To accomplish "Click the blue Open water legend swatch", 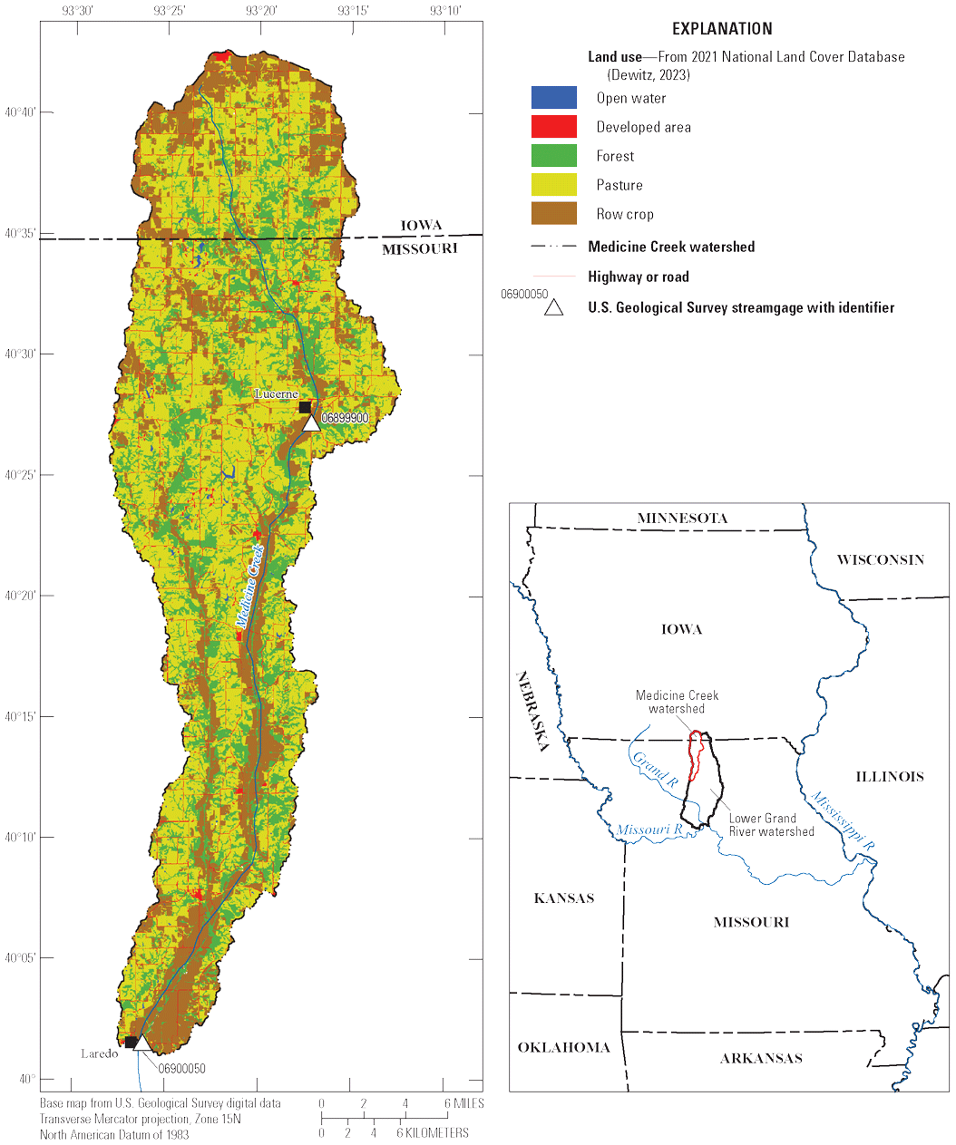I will (x=553, y=98).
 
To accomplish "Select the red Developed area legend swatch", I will (x=553, y=127).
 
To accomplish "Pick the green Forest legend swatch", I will (x=553, y=156).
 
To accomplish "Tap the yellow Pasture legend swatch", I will (x=553, y=185).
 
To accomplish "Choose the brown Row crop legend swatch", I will (x=553, y=214).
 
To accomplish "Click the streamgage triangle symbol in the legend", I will (x=553, y=307).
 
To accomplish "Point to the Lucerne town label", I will (x=276, y=394).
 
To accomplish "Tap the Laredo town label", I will (x=99, y=1053).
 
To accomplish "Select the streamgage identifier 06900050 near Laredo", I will (x=181, y=1069).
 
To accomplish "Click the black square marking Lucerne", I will (x=305, y=407).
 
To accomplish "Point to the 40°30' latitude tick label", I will (x=21, y=354).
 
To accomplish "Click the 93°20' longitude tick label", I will (x=261, y=11).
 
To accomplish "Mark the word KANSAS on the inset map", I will (x=564, y=898).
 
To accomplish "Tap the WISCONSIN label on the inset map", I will (x=880, y=559).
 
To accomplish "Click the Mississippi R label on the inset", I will (x=843, y=820).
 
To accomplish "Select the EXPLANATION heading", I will (x=722, y=29).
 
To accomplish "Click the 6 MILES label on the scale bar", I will (x=463, y=1103).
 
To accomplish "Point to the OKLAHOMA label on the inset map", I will (x=563, y=1047).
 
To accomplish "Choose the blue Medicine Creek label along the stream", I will (x=249, y=587).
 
